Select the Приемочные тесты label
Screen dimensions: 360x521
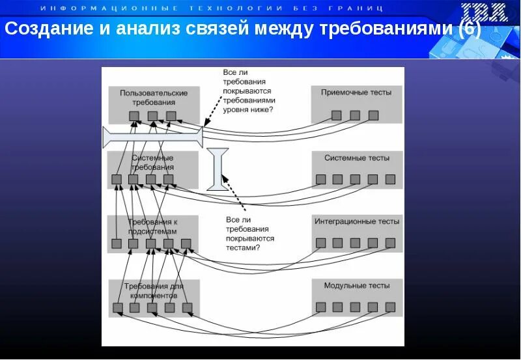pos(356,92)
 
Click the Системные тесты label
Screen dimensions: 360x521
pos(357,158)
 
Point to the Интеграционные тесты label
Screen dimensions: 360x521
pos(357,222)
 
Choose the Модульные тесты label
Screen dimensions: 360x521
pos(357,286)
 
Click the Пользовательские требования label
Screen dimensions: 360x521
pos(154,98)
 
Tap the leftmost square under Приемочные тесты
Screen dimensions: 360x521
pos(336,115)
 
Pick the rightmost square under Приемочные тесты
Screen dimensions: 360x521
pos(373,115)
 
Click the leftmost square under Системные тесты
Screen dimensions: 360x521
pos(320,179)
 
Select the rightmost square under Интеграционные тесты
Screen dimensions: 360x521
pos(390,243)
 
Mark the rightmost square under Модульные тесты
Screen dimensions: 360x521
pos(390,307)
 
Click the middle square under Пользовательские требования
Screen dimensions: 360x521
pos(152,116)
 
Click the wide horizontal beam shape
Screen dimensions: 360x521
pos(153,136)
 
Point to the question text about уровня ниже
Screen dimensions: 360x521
pos(248,91)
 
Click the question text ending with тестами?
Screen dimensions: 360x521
pos(249,234)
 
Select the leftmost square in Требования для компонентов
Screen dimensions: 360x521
pos(118,308)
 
